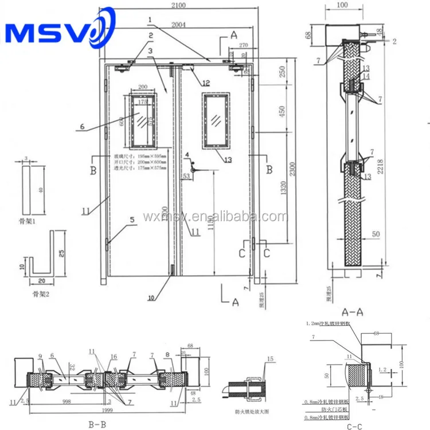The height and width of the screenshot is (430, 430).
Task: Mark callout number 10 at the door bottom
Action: pyautogui.click(x=151, y=298)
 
